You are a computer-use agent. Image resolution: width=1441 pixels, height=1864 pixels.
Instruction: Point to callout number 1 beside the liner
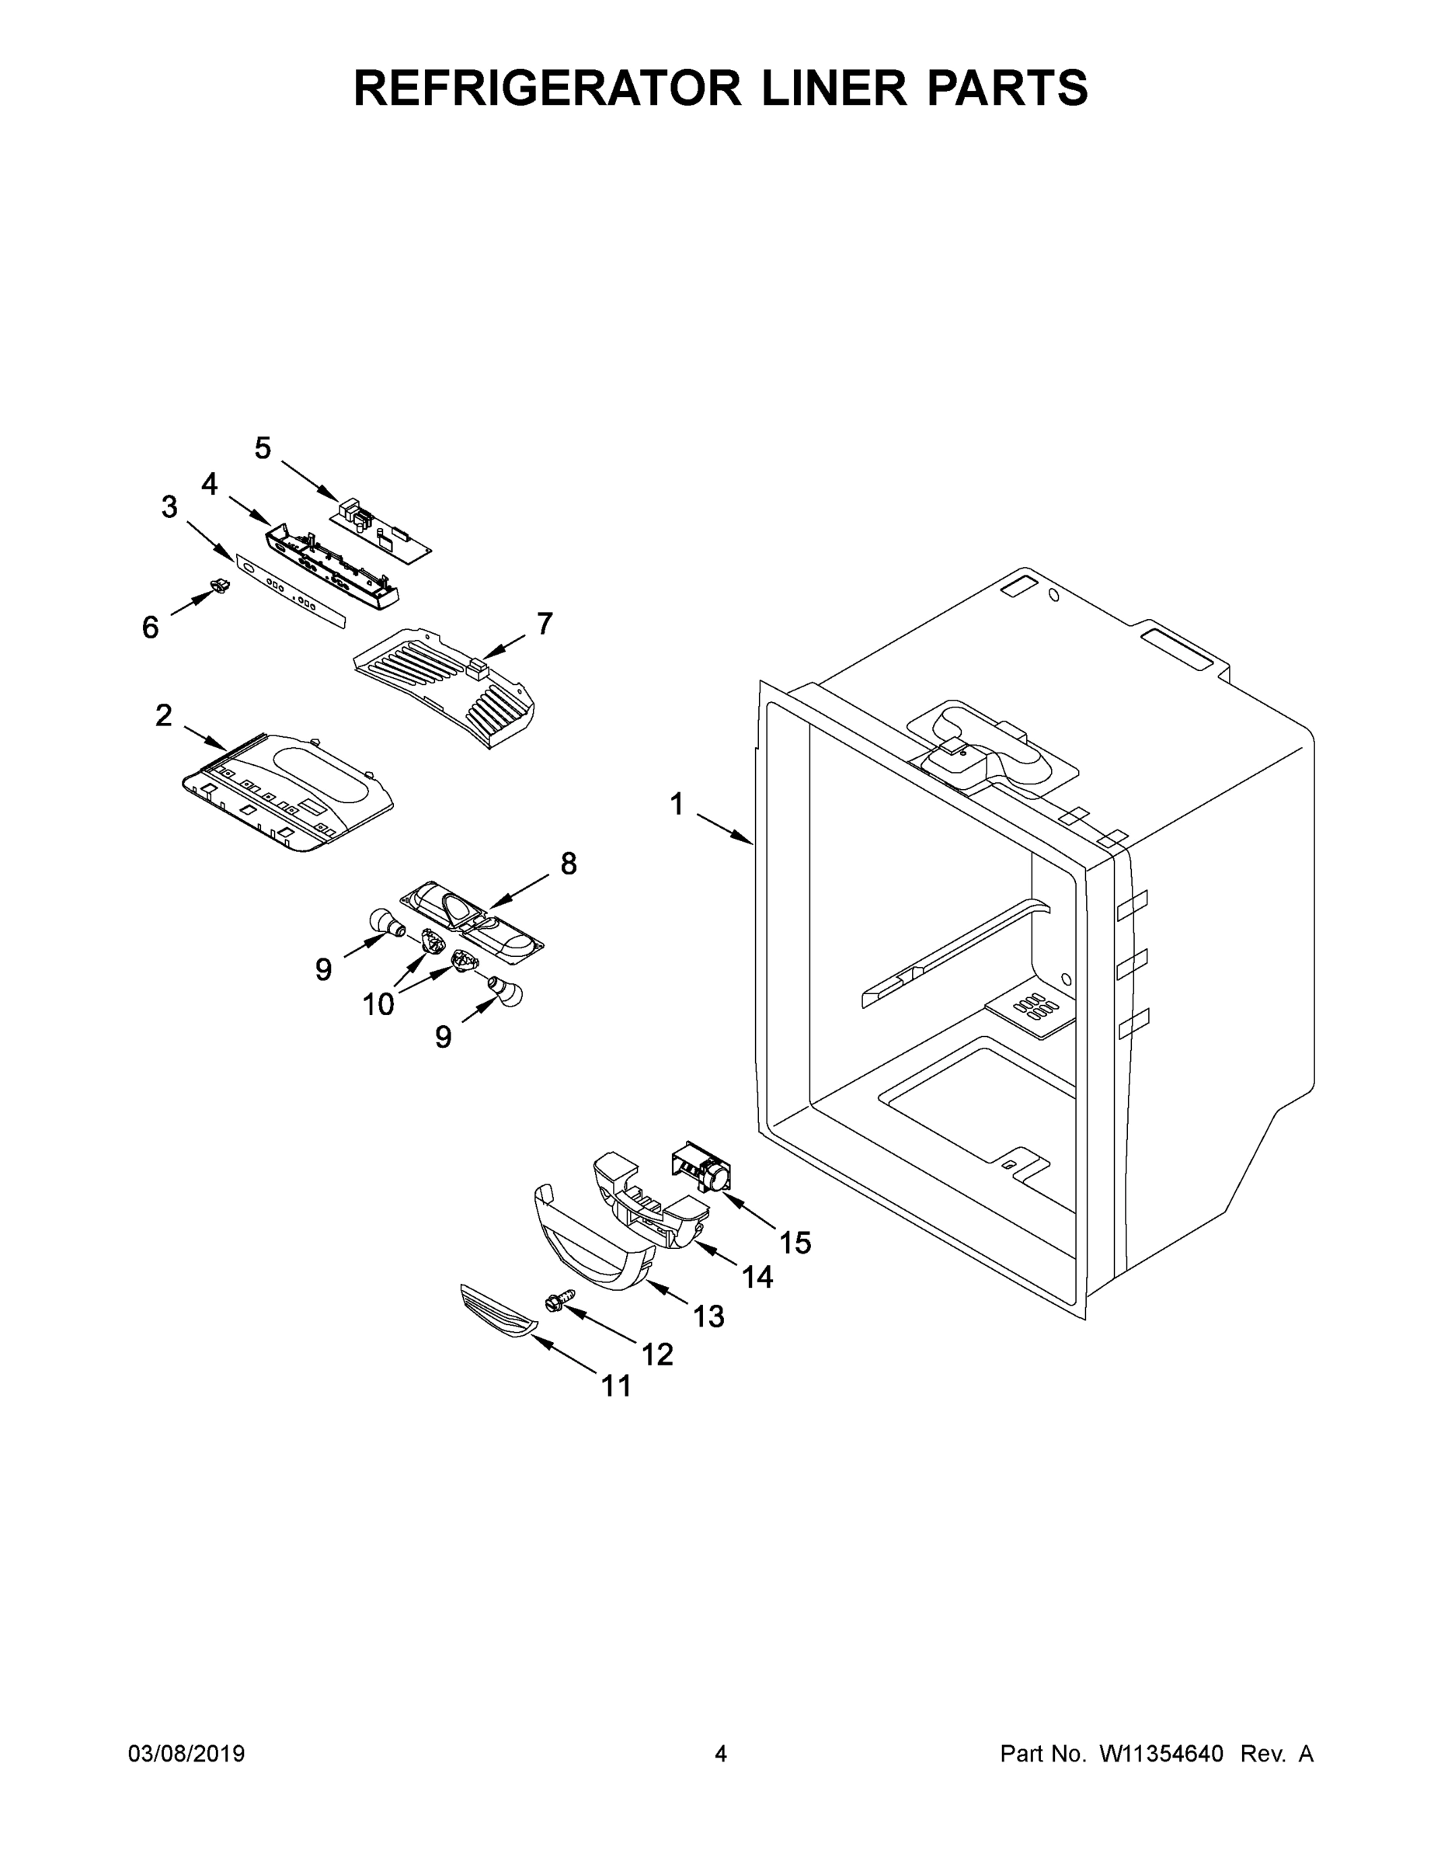tap(677, 804)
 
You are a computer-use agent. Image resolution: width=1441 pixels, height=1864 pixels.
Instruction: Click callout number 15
tap(795, 1243)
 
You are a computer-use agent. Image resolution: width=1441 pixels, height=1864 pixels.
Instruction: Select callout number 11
tap(616, 1386)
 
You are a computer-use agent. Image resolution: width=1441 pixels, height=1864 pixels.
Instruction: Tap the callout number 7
tap(545, 624)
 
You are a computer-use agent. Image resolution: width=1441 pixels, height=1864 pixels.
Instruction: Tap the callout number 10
tap(378, 1004)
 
